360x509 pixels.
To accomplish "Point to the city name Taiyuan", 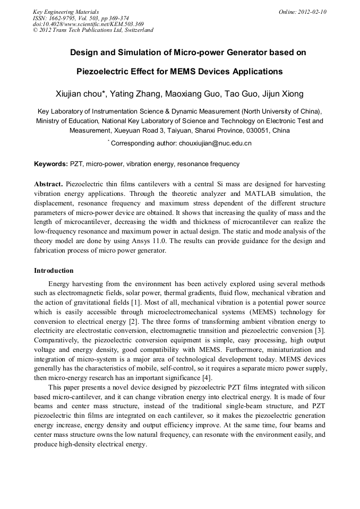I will click(182, 130).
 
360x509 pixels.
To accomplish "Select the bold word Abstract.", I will click(49, 183).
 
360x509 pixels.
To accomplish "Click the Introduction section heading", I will click(54, 271).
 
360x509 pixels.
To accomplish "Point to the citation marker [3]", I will click(320, 331).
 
